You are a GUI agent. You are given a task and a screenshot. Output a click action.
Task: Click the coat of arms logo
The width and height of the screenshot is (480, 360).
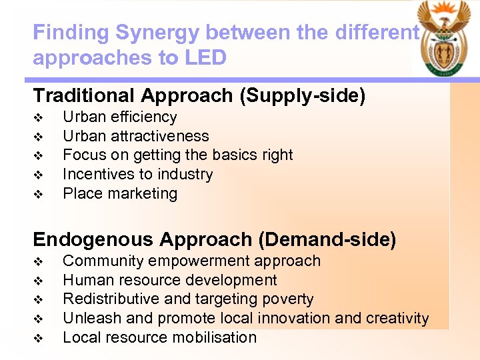click(445, 38)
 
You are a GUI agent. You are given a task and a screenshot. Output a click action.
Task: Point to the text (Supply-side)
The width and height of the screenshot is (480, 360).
click(302, 96)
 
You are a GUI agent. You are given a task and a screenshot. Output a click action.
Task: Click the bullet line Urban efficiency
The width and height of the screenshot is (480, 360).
click(119, 117)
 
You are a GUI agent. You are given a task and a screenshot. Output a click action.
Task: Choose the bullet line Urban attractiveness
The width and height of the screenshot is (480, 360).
click(135, 136)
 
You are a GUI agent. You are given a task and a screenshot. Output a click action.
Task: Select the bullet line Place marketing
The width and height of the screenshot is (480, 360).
click(120, 194)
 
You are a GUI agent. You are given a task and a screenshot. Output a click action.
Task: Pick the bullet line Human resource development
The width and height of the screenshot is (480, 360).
click(169, 280)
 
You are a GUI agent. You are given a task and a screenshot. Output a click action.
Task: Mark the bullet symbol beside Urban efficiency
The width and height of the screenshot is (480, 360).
click(38, 118)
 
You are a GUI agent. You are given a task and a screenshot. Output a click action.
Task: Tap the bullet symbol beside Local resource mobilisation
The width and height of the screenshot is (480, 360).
click(38, 338)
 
